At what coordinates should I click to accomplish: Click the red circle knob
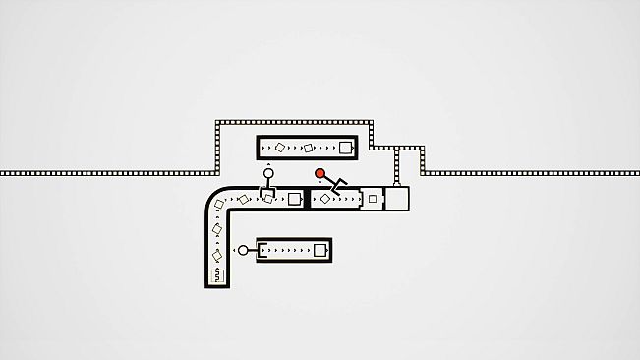[x=320, y=174]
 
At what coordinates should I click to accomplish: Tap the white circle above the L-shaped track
[x=266, y=174]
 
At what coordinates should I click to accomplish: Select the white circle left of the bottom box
[x=242, y=250]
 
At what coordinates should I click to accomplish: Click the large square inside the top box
[x=344, y=149]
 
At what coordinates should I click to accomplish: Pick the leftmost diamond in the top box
[x=279, y=148]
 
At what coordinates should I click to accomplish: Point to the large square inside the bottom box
[x=319, y=251]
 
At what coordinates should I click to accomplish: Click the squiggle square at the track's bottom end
[x=218, y=274]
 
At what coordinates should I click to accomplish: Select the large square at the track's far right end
[x=396, y=199]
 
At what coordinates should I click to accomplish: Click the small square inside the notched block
[x=372, y=199]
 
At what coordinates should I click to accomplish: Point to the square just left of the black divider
[x=293, y=199]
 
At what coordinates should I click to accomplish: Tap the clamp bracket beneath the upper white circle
[x=266, y=192]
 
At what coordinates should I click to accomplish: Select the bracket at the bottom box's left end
[x=261, y=251]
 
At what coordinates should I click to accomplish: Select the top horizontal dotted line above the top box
[x=295, y=122]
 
